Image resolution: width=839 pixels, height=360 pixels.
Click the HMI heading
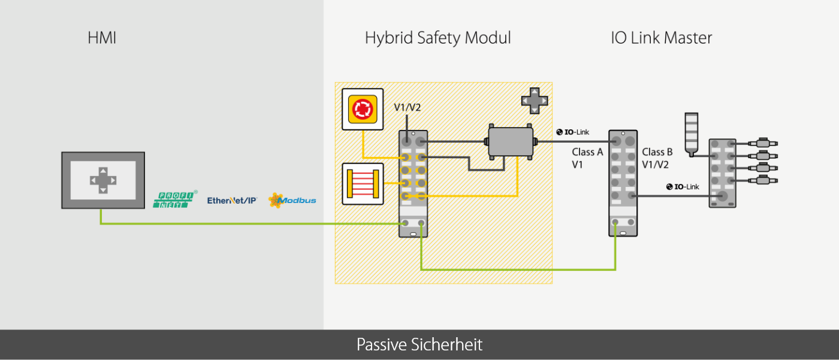(x=102, y=38)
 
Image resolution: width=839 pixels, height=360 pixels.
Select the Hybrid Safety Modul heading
(x=437, y=38)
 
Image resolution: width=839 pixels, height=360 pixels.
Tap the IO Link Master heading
(x=662, y=38)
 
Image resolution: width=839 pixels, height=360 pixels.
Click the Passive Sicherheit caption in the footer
(x=419, y=345)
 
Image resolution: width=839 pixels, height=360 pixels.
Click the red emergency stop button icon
(x=362, y=109)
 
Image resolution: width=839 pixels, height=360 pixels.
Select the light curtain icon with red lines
(x=362, y=183)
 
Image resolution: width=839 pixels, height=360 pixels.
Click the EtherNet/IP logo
(x=232, y=201)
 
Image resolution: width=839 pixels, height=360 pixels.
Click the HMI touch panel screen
(x=103, y=180)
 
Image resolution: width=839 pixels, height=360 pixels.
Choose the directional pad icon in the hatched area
(x=533, y=100)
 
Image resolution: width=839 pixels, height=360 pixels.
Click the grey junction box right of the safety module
(x=510, y=142)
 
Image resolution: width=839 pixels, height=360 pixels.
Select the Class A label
(x=587, y=152)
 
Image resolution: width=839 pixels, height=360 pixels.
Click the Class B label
(x=657, y=152)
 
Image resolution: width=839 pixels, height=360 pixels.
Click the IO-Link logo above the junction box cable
(x=573, y=132)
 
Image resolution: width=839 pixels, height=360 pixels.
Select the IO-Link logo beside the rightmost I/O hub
(x=683, y=186)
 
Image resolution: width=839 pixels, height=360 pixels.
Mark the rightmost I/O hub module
(x=722, y=173)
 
